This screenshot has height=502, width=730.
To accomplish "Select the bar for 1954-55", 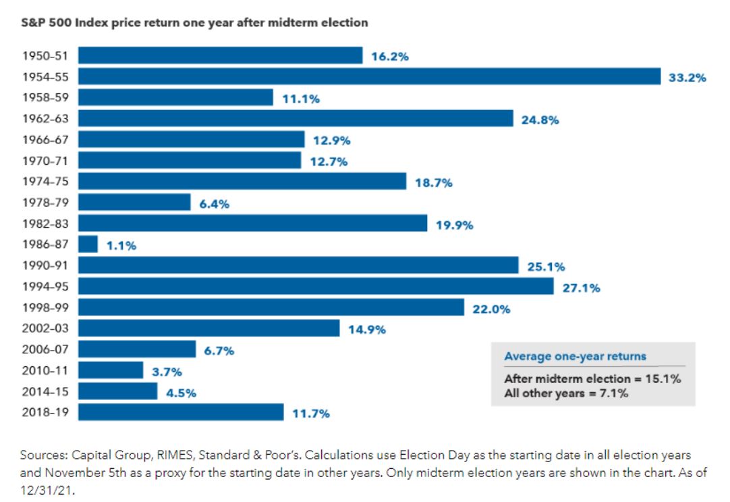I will [x=369, y=76].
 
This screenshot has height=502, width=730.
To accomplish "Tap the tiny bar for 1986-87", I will [x=88, y=244].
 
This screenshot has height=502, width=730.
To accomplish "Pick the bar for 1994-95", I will [x=316, y=286].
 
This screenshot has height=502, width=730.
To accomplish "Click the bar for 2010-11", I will [x=111, y=370].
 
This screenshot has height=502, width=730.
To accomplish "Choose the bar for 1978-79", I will [x=134, y=202].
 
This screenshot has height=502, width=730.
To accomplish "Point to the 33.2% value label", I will [x=687, y=78].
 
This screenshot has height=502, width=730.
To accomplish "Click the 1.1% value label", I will [x=121, y=246].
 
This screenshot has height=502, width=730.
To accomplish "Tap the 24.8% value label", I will [x=540, y=120].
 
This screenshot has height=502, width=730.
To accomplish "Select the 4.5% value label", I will [x=181, y=393].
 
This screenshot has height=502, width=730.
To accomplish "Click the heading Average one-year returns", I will [x=575, y=356].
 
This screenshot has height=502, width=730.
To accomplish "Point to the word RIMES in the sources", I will [x=167, y=456].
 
